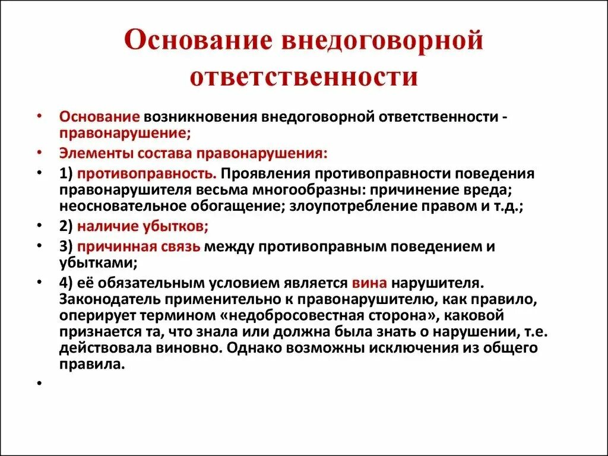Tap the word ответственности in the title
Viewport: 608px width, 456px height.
304,78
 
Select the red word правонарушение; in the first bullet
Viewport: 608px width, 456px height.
125,132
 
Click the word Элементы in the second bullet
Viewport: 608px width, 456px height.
96,153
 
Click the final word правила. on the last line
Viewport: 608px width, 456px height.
91,365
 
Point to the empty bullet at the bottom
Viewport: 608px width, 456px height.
39,384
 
